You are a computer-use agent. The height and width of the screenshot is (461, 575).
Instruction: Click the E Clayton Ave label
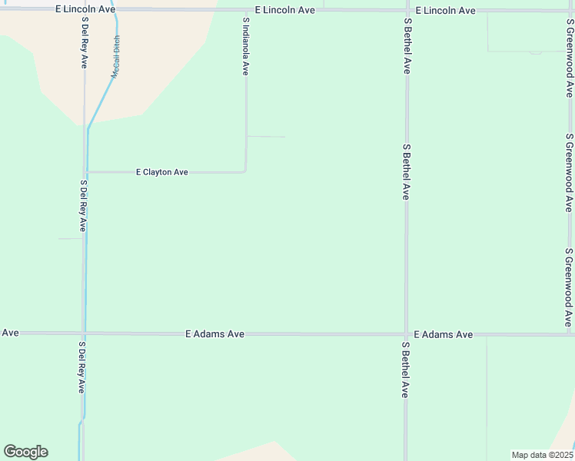tap(161, 172)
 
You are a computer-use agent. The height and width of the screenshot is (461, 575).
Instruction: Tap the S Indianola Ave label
tap(246, 46)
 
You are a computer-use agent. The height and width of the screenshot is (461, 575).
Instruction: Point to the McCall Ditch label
tap(116, 56)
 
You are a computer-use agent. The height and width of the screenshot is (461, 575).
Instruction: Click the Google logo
tap(25, 452)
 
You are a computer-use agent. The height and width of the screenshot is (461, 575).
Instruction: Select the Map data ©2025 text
tap(542, 455)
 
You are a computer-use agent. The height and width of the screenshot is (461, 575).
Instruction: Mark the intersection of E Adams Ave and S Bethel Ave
tap(406, 334)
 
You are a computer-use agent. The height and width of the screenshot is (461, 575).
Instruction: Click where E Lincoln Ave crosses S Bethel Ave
tap(407, 11)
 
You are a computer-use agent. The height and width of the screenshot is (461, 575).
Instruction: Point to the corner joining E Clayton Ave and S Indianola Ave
tap(245, 171)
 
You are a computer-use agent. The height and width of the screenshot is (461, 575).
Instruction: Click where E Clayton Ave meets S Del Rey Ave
tap(86, 172)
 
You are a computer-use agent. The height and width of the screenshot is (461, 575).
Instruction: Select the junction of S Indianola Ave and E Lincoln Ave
tap(246, 11)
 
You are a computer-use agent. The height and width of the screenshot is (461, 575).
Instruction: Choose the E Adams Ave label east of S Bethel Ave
tap(443, 334)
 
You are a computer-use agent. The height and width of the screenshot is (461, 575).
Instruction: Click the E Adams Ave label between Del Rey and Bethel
tap(215, 334)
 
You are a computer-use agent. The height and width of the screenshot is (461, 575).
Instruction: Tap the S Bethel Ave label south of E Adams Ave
tap(404, 370)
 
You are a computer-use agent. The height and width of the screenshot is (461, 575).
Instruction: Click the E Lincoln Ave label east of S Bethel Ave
tap(445, 11)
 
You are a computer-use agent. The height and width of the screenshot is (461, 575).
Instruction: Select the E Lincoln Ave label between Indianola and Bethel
tap(286, 11)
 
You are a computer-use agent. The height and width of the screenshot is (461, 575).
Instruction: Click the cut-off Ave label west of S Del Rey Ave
tap(10, 333)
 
